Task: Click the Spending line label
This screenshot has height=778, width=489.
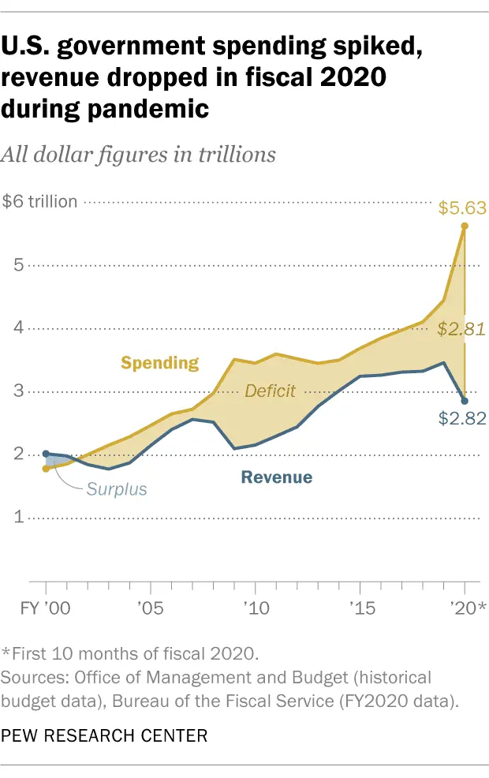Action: (x=159, y=363)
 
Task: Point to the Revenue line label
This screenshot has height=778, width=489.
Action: (x=276, y=477)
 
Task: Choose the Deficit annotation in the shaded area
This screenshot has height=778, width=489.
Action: (x=270, y=391)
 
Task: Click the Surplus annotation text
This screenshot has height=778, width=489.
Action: (x=117, y=489)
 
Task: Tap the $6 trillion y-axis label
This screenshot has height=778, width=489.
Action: (x=40, y=202)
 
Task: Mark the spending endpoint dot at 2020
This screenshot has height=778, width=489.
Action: (x=465, y=226)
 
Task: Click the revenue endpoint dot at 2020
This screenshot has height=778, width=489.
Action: (x=465, y=402)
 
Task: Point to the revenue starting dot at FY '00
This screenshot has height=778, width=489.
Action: (x=46, y=454)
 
